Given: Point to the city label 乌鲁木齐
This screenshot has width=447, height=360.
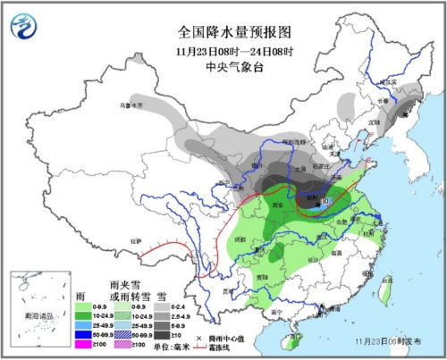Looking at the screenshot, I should click(x=131, y=105).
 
